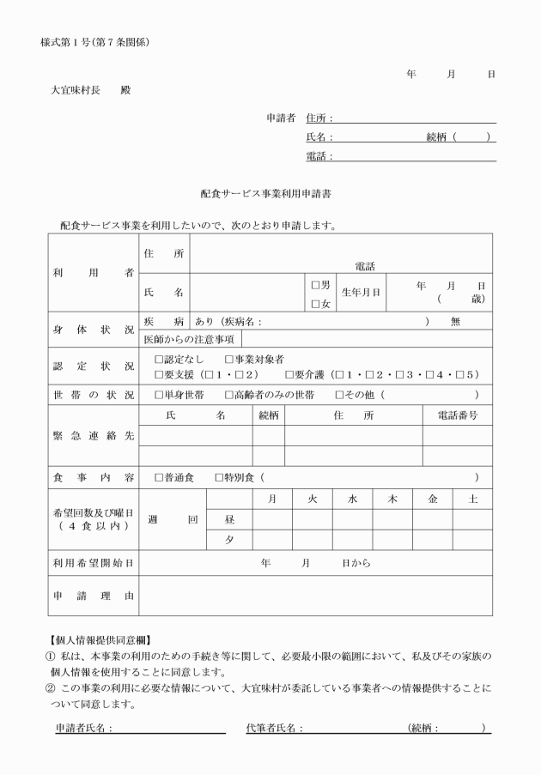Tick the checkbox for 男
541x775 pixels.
click(315, 285)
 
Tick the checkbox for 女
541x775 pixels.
click(315, 303)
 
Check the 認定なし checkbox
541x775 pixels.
click(158, 359)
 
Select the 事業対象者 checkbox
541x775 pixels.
click(228, 359)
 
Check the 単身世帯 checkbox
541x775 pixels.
click(158, 395)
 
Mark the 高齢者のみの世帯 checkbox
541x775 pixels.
click(228, 395)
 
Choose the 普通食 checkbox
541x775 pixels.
click(158, 477)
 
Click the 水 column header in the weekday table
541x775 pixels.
click(352, 499)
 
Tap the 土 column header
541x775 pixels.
click(473, 499)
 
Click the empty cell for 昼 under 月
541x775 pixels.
click(272, 519)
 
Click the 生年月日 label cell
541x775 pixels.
click(361, 293)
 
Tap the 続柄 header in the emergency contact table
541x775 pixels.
click(269, 415)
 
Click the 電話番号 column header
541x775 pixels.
click(457, 415)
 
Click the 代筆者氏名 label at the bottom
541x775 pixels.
click(274, 728)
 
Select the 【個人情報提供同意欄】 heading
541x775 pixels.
click(97, 640)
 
